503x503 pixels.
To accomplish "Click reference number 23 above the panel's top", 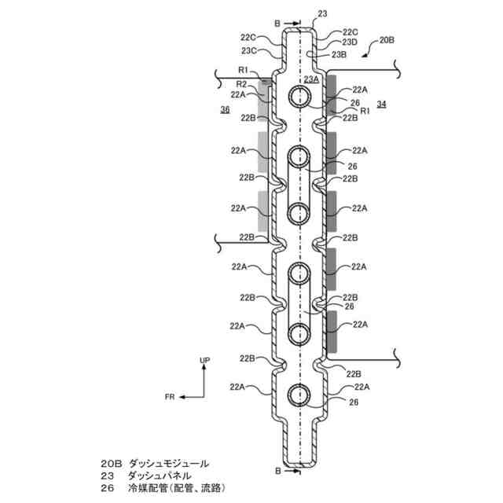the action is pyautogui.click(x=321, y=13).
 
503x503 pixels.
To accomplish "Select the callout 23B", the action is pyautogui.click(x=339, y=54).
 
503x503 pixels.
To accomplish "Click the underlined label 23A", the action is pyautogui.click(x=310, y=79).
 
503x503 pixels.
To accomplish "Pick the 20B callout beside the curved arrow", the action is pyautogui.click(x=387, y=39).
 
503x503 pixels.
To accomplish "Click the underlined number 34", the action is pyautogui.click(x=381, y=105).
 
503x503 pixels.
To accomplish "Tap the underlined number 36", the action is pyautogui.click(x=226, y=110).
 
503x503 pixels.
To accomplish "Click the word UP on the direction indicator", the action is pyautogui.click(x=204, y=360).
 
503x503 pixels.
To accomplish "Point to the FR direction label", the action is pyautogui.click(x=170, y=397).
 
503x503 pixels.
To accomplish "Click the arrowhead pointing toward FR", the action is pyautogui.click(x=182, y=397).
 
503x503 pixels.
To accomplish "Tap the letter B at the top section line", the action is pyautogui.click(x=277, y=24).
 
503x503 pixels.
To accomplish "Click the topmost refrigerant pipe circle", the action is pyautogui.click(x=299, y=97).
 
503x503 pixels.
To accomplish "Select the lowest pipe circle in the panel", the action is pyautogui.click(x=299, y=394).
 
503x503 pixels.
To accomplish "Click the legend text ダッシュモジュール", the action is pyautogui.click(x=164, y=464).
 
